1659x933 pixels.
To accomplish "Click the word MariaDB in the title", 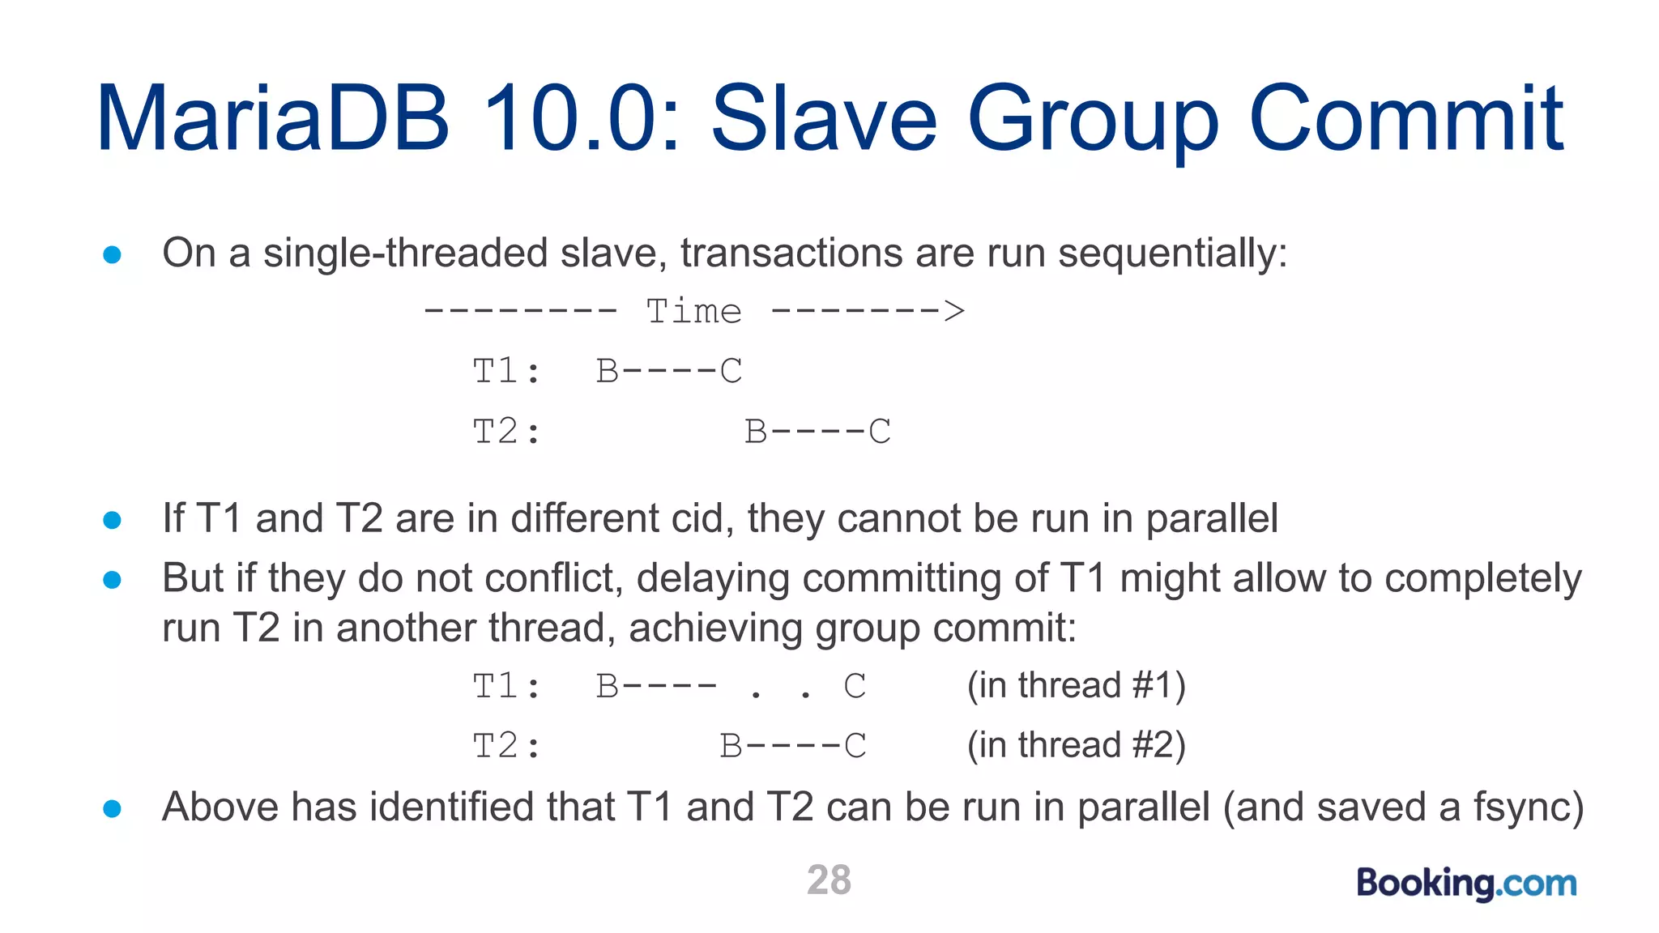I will point(272,119).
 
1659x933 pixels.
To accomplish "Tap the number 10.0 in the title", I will point(580,119).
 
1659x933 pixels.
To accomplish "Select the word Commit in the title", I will point(1406,119).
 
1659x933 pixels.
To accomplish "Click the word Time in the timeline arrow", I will point(693,312).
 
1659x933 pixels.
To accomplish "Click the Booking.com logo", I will point(1466,883).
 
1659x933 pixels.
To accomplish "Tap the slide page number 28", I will point(829,880).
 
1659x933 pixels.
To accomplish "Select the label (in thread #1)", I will point(1076,685).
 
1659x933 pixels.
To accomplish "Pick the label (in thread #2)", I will point(1076,745).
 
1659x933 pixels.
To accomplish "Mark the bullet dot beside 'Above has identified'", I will point(113,808).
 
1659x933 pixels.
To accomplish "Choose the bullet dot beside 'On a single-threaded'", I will point(113,255).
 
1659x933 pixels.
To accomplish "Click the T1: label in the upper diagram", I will point(506,372).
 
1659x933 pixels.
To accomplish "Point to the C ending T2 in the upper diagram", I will point(880,432).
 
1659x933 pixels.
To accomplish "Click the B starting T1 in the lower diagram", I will point(608,687).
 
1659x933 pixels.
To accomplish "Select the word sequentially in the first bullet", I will point(1172,253).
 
